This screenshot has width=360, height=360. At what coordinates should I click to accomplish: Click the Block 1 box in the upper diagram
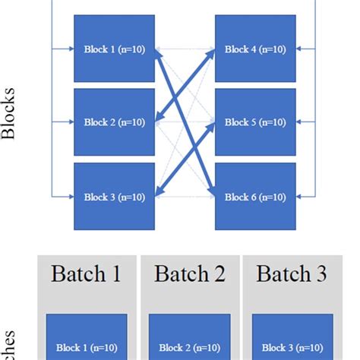point(114,49)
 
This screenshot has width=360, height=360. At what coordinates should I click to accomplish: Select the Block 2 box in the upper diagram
point(114,122)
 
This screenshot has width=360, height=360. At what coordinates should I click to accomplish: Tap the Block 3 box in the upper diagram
point(114,196)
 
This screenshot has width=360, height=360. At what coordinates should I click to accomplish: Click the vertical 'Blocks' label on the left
point(10,122)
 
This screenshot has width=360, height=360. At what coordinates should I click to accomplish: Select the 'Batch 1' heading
point(86,274)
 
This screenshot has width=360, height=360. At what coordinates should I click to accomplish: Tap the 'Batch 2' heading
point(190,274)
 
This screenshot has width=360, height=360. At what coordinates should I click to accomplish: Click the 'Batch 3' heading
point(293,274)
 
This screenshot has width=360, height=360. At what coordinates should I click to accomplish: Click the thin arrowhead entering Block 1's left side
point(70,49)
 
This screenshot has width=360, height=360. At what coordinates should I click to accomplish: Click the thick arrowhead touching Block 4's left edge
point(212,53)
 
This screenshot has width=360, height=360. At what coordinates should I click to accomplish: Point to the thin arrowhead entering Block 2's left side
point(70,122)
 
